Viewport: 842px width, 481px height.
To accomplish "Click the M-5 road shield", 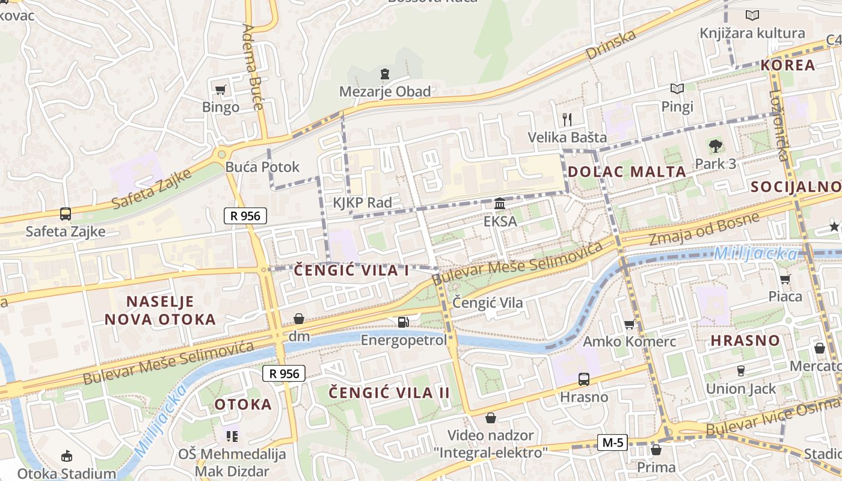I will [612, 443].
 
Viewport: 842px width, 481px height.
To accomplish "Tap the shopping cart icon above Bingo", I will [220, 90].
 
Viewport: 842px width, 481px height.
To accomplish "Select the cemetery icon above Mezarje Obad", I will [384, 75].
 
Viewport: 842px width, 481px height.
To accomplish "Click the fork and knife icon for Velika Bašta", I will [567, 119].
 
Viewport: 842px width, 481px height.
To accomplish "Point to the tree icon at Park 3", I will [715, 146].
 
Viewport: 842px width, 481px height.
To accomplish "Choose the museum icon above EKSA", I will [500, 204].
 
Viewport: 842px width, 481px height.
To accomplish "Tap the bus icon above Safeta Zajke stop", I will [65, 213].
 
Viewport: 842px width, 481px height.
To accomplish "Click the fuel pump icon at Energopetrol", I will [403, 322].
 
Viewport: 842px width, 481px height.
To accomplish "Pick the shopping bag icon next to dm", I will [298, 319].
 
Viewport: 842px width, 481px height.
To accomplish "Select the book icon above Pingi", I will [677, 89].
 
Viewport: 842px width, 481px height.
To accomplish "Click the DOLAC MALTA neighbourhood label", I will [627, 171].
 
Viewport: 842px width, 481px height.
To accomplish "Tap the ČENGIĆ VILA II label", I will [389, 393].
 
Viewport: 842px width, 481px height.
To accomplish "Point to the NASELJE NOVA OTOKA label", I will [160, 310].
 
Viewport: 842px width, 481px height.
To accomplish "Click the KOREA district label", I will [788, 65].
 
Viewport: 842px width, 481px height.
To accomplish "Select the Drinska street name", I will [611, 44].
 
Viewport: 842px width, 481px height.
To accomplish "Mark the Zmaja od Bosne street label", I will [704, 230].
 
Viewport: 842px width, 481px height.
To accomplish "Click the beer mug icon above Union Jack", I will [741, 371].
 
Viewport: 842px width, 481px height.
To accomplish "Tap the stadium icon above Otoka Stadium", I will [66, 456].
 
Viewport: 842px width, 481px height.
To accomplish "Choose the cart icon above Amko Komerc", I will [629, 325].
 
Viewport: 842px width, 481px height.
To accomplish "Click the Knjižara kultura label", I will [752, 33].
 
